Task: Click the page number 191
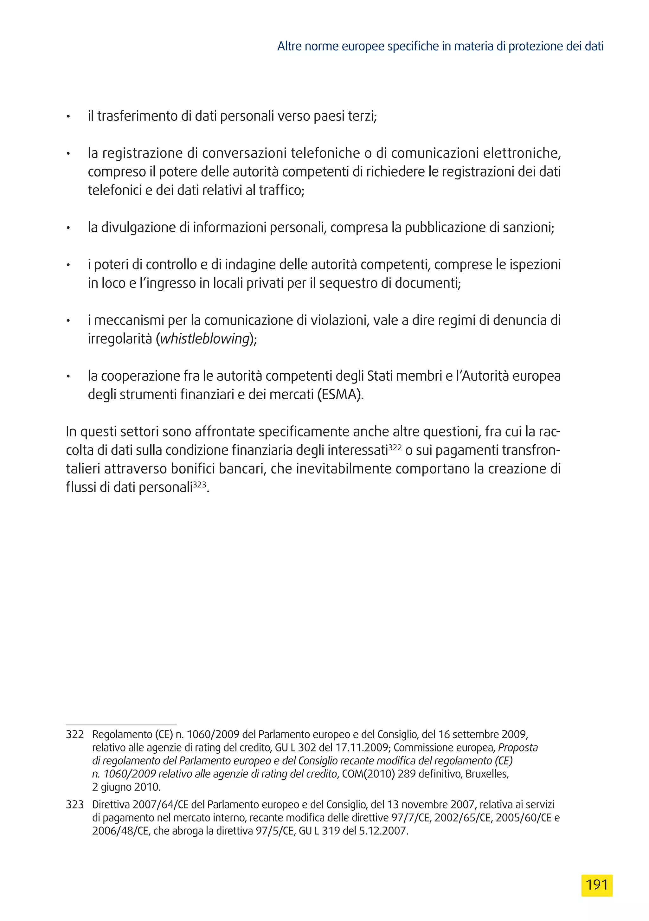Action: (x=596, y=885)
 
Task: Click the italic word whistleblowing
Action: (x=205, y=339)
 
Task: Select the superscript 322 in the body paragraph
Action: (x=395, y=447)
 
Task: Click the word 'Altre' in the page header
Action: (x=290, y=47)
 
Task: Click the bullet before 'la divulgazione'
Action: (x=68, y=228)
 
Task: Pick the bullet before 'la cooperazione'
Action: (x=68, y=376)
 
